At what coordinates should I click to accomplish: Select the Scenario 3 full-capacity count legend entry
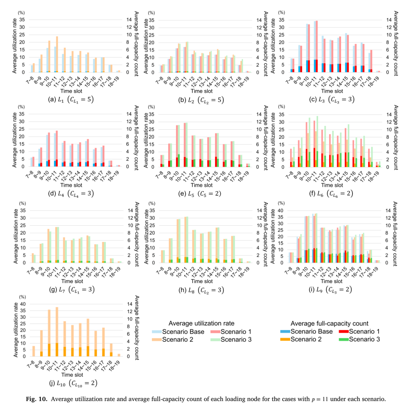tap(359, 339)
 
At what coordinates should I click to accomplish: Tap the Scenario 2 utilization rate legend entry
tap(173, 339)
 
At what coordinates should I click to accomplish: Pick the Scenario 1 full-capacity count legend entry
tap(359, 331)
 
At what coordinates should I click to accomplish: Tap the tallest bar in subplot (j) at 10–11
tap(57, 332)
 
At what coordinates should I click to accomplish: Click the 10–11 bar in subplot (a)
tap(57, 54)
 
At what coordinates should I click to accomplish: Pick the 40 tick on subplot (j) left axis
tap(23, 304)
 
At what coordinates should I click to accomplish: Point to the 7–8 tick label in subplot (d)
tap(29, 175)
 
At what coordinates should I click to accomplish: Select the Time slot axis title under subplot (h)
tap(202, 281)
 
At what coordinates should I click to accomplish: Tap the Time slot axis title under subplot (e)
tap(201, 185)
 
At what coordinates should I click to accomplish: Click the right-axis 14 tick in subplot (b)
tap(259, 20)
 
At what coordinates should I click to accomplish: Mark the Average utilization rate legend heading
tap(201, 323)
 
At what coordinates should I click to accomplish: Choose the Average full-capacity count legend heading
tap(329, 324)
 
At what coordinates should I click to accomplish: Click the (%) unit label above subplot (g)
tap(22, 203)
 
